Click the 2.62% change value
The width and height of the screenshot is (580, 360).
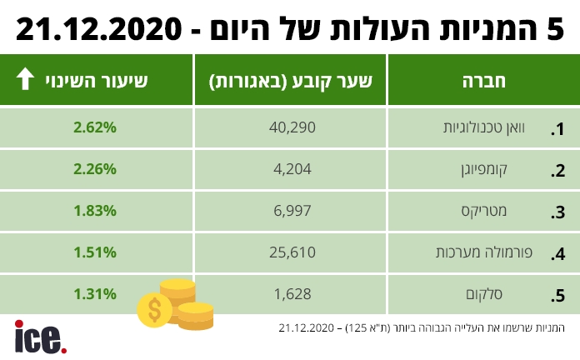94,128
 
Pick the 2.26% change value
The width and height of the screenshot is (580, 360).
94,170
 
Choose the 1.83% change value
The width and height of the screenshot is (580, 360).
94,211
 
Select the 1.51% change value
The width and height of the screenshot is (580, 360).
94,252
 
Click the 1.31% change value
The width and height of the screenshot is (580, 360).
94,293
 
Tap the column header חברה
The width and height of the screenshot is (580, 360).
483,80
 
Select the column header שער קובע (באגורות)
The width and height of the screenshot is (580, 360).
291,80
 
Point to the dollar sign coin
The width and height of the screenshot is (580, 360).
155,309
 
